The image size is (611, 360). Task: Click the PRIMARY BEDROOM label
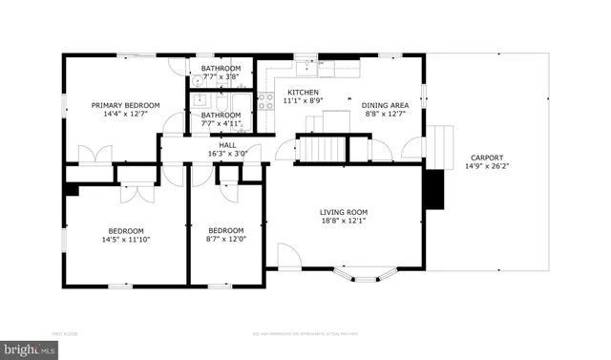[x=125, y=105]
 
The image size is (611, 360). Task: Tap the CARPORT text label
[x=486, y=158]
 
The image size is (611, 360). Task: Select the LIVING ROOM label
[x=343, y=212]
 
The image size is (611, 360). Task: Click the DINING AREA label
[x=385, y=105]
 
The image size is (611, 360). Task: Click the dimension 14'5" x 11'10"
[x=125, y=240]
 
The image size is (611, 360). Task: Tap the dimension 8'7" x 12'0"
[x=226, y=240]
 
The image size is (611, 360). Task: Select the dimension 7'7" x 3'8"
[x=221, y=78]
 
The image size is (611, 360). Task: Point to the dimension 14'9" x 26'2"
[x=486, y=167]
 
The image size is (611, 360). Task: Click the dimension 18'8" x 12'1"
[x=343, y=222]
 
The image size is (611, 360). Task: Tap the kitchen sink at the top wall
[x=305, y=66]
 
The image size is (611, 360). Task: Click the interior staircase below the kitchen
[x=320, y=150]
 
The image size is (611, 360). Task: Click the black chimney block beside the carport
[x=432, y=188]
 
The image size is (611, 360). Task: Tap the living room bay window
[x=368, y=278]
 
